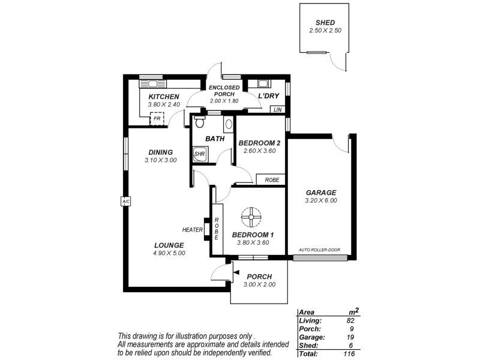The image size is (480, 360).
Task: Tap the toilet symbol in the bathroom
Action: tap(200, 122)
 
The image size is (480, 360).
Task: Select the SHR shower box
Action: tap(200, 154)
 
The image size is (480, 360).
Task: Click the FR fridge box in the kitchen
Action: tap(157, 119)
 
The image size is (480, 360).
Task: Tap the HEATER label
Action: tap(193, 229)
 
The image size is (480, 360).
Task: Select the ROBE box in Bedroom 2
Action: tap(271, 179)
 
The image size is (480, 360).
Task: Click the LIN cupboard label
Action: tap(277, 110)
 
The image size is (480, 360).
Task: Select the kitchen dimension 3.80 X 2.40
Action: tap(164, 104)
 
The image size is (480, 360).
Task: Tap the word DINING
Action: tap(160, 152)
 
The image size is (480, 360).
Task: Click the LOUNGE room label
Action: tap(169, 245)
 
